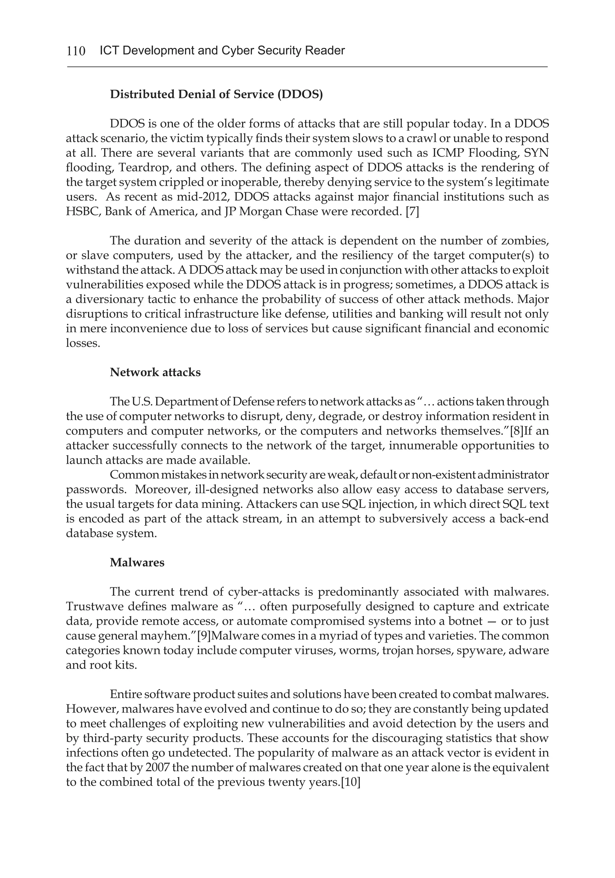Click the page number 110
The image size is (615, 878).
pos(76,51)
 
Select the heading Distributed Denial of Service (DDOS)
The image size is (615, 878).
pos(216,95)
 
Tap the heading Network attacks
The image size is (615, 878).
pos(155,372)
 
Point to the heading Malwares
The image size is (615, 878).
pos(137,563)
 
